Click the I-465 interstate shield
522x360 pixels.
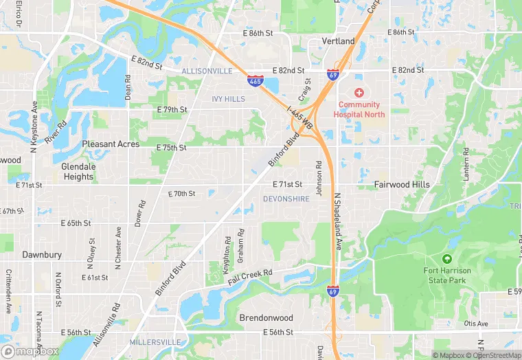click(256, 81)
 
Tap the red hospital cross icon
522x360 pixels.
click(359, 93)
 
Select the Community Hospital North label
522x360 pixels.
click(359, 109)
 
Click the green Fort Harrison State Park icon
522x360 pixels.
click(447, 259)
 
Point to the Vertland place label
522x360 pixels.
click(339, 41)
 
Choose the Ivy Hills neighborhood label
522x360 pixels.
click(229, 99)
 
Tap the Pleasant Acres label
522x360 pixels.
click(110, 144)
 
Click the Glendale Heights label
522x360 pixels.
click(78, 171)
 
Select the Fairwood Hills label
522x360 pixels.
click(402, 185)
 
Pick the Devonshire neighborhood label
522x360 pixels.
click(286, 199)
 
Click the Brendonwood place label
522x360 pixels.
click(266, 318)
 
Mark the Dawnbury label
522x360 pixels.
click(42, 254)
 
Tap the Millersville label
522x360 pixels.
click(155, 341)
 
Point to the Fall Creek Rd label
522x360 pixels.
click(250, 277)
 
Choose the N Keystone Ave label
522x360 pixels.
click(33, 127)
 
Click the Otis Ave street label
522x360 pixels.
click(475, 324)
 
